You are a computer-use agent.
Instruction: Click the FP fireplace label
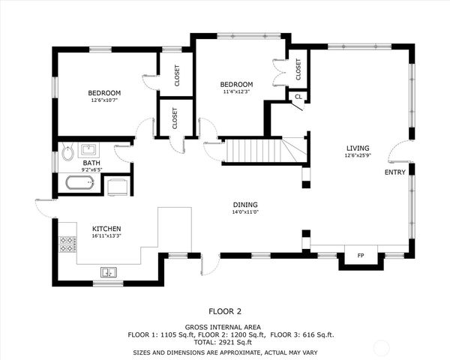360,256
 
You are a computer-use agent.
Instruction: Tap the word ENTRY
394,172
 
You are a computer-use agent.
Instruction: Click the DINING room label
244,204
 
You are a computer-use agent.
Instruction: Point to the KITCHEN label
106,228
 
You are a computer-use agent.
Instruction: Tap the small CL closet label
298,97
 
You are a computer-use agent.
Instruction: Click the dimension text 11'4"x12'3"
236,91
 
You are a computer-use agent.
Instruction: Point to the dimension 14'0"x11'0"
244,211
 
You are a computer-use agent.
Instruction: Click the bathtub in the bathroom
79,183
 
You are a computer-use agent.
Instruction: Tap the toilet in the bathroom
67,153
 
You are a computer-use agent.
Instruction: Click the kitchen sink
109,271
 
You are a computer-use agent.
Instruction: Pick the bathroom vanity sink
88,148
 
